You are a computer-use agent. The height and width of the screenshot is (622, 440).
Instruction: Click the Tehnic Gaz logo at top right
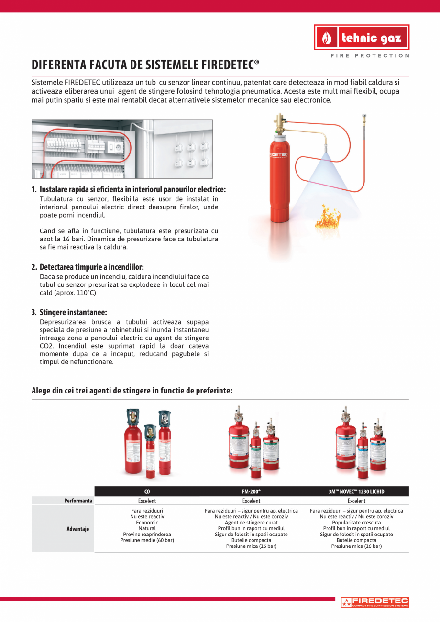click(362, 37)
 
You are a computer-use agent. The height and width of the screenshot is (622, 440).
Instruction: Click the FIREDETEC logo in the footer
click(374, 602)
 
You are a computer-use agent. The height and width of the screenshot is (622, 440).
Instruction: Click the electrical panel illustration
click(122, 149)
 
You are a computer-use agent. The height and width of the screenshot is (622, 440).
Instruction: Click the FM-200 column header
click(251, 491)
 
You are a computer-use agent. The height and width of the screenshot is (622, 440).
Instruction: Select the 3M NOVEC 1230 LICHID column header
click(356, 491)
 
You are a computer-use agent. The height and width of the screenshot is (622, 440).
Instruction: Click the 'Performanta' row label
click(78, 501)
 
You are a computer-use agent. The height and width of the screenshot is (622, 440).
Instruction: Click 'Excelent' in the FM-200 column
click(251, 501)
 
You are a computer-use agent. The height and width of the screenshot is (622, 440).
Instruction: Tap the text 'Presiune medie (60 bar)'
click(147, 540)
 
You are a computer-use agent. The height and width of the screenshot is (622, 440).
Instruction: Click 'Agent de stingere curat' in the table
click(251, 523)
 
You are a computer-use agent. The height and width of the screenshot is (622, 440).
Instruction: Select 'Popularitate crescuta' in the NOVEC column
click(356, 523)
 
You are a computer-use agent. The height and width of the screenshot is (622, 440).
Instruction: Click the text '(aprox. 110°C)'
click(68, 293)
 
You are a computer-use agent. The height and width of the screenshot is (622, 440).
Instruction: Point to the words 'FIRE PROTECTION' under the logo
click(370, 55)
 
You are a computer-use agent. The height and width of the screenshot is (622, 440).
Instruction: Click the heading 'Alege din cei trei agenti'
click(132, 391)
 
